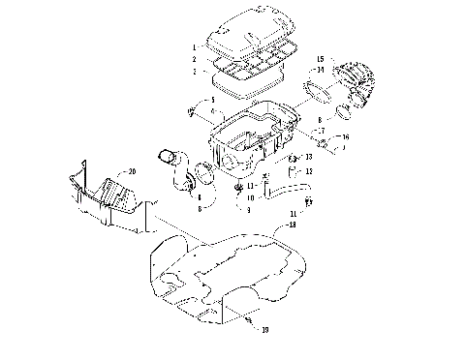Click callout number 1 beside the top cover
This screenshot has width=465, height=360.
(195, 46)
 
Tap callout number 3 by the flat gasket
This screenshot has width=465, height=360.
(195, 71)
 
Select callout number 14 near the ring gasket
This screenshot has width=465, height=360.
(320, 71)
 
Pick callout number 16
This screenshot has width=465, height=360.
(348, 137)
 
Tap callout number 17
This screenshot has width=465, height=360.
(319, 129)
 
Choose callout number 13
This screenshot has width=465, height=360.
(308, 156)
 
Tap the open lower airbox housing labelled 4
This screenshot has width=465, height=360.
(242, 140)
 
